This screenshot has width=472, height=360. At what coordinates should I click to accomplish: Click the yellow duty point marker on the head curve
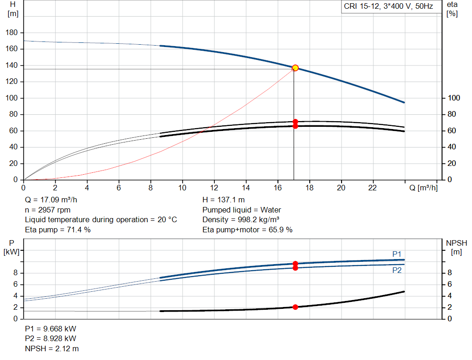point(295,68)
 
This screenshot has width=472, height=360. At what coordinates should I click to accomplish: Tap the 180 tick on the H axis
point(12,33)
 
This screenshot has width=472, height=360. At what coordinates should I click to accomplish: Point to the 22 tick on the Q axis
point(372,188)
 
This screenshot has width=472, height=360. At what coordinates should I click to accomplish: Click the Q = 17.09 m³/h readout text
point(58,201)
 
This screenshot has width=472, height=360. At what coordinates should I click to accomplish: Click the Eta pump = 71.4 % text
point(58,230)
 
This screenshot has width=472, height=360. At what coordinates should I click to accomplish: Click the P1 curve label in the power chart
point(397,254)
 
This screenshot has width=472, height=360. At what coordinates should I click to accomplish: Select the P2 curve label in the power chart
point(397,270)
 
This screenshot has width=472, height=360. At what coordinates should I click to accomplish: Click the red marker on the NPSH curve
point(295,307)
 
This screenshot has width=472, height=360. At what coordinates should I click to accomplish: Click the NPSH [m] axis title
point(456,248)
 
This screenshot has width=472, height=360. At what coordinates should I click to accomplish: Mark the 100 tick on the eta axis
point(454,98)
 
